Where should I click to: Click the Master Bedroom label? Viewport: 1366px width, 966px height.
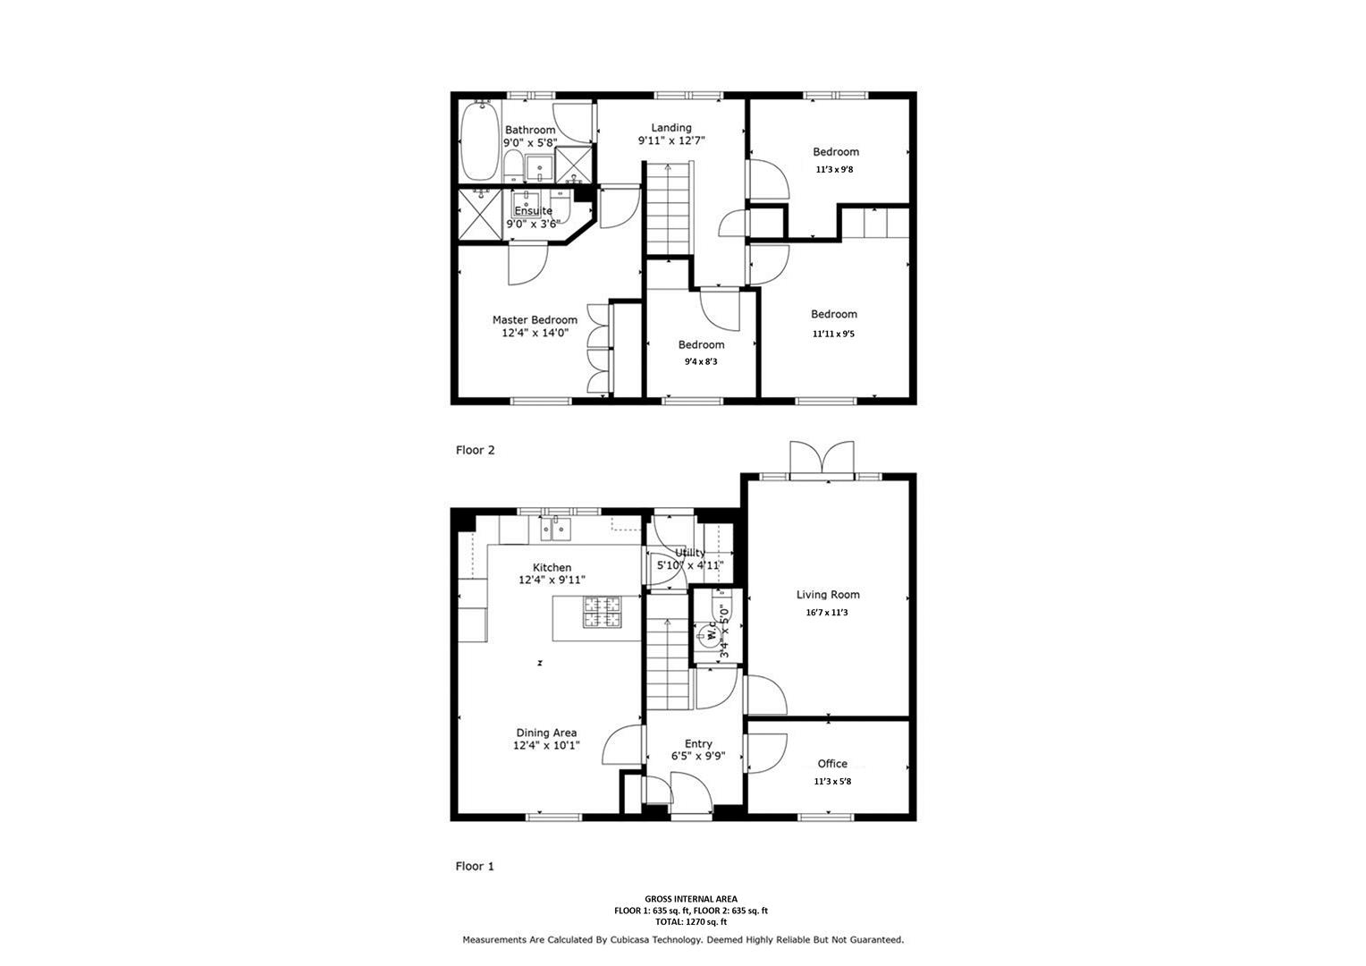tap(535, 320)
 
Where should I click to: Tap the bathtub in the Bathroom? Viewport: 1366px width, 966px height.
tap(479, 141)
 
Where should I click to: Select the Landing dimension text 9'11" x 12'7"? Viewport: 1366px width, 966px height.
tap(670, 141)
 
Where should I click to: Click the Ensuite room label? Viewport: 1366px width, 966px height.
tap(533, 211)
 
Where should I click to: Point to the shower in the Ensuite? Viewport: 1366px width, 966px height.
tap(480, 215)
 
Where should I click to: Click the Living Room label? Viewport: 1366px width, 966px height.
tap(828, 595)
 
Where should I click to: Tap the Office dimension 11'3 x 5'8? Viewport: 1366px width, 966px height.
tap(832, 782)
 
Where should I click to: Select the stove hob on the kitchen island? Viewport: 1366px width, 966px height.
tap(603, 613)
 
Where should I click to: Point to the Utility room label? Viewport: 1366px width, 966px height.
tap(689, 553)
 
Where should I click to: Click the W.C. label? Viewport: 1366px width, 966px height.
tap(712, 634)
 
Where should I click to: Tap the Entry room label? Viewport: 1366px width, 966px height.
tap(698, 744)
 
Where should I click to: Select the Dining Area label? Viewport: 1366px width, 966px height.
tap(546, 733)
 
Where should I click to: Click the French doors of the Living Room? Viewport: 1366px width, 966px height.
tap(822, 460)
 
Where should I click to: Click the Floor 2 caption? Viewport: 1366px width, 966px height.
tap(475, 451)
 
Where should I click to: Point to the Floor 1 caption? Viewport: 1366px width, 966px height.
tap(475, 867)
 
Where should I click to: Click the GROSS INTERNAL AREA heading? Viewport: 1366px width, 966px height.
tap(691, 899)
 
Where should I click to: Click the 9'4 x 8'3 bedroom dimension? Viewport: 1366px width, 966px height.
tap(701, 362)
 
